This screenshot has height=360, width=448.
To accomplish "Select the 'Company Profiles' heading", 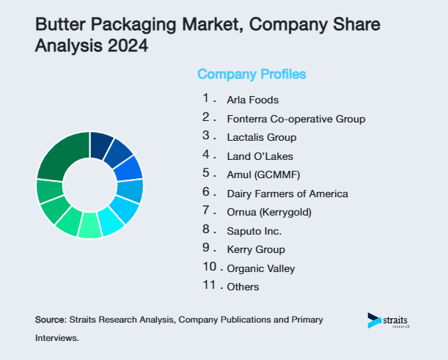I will pos(251,74).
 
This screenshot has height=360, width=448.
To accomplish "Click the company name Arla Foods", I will pos(252,100).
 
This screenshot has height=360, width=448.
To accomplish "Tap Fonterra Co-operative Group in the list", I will pos(295,119).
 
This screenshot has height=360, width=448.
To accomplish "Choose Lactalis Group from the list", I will pos(262,137).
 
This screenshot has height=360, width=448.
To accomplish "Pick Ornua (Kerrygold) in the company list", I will pos(269,213).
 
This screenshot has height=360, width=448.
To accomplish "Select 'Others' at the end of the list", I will pos(243,287).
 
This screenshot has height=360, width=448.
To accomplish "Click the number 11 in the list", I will pos(209,285).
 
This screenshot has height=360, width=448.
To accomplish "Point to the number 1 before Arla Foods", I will pos(207,98).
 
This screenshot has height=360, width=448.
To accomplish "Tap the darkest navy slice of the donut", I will pos(100,145).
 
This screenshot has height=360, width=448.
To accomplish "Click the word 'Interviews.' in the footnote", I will pos(56,339).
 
